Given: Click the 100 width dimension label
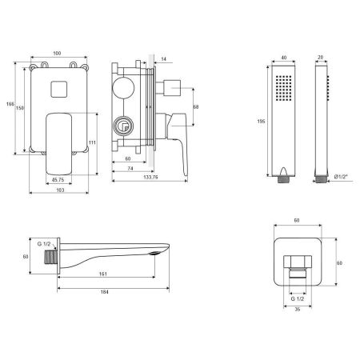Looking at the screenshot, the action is [57, 54].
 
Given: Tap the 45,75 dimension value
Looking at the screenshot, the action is [58, 180].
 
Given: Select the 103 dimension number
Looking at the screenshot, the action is [60, 190].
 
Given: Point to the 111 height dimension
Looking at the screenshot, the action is [92, 142].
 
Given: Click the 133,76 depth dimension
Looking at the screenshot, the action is [150, 177].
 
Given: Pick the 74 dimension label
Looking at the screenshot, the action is [130, 169].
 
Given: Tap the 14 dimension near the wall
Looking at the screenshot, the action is [164, 59].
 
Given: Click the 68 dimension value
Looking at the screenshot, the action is [196, 107].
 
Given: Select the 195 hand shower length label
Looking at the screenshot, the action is [261, 122].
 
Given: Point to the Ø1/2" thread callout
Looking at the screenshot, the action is [341, 177].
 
